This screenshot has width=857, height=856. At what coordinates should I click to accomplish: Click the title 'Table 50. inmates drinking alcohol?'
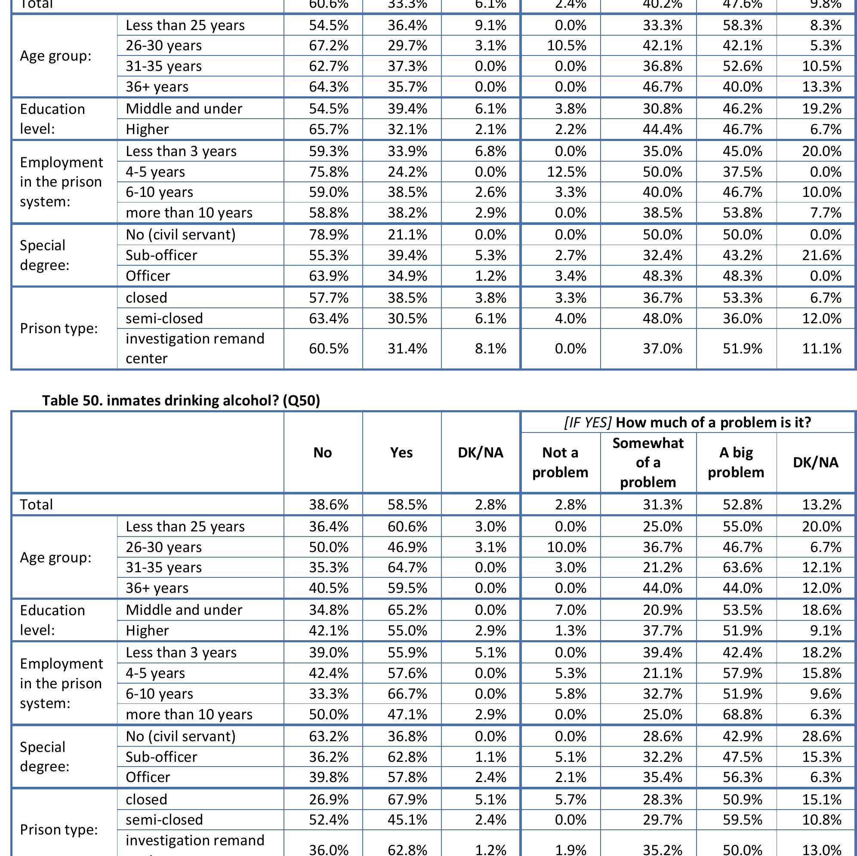pyautogui.click(x=181, y=400)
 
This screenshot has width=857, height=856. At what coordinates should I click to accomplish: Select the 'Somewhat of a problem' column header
pyautogui.click(x=647, y=462)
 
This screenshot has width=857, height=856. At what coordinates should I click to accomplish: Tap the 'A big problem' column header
pyautogui.click(x=736, y=462)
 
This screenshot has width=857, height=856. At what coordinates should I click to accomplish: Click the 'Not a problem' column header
pyautogui.click(x=560, y=462)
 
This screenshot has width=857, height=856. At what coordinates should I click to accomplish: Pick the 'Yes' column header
pyautogui.click(x=401, y=453)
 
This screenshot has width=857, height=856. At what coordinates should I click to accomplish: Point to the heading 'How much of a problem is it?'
pyautogui.click(x=687, y=423)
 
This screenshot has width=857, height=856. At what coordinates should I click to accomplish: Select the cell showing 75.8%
pyautogui.click(x=329, y=172)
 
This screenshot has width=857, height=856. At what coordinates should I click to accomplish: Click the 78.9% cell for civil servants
pyautogui.click(x=329, y=234)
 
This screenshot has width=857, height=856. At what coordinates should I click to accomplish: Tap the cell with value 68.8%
pyautogui.click(x=742, y=715)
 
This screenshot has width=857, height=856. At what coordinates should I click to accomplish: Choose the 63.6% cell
pyautogui.click(x=742, y=568)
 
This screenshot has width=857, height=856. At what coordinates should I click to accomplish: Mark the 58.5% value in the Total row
pyautogui.click(x=407, y=504)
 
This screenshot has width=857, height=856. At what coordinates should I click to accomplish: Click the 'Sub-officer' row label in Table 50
pyautogui.click(x=161, y=757)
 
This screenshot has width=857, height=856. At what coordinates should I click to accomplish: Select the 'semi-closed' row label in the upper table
pyautogui.click(x=164, y=318)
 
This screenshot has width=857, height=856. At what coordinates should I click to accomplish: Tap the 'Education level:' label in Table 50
pyautogui.click(x=52, y=620)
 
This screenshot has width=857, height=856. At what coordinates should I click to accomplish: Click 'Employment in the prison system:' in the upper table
pyautogui.click(x=61, y=182)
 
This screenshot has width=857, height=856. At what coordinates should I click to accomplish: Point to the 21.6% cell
pyautogui.click(x=822, y=255)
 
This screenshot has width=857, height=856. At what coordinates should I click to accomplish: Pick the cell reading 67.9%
pyautogui.click(x=407, y=799)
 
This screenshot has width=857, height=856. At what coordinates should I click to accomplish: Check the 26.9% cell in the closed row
pyautogui.click(x=329, y=799)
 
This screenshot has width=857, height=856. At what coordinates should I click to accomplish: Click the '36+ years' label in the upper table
pyautogui.click(x=157, y=87)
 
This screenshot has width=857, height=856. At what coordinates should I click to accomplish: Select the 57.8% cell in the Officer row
pyautogui.click(x=407, y=777)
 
